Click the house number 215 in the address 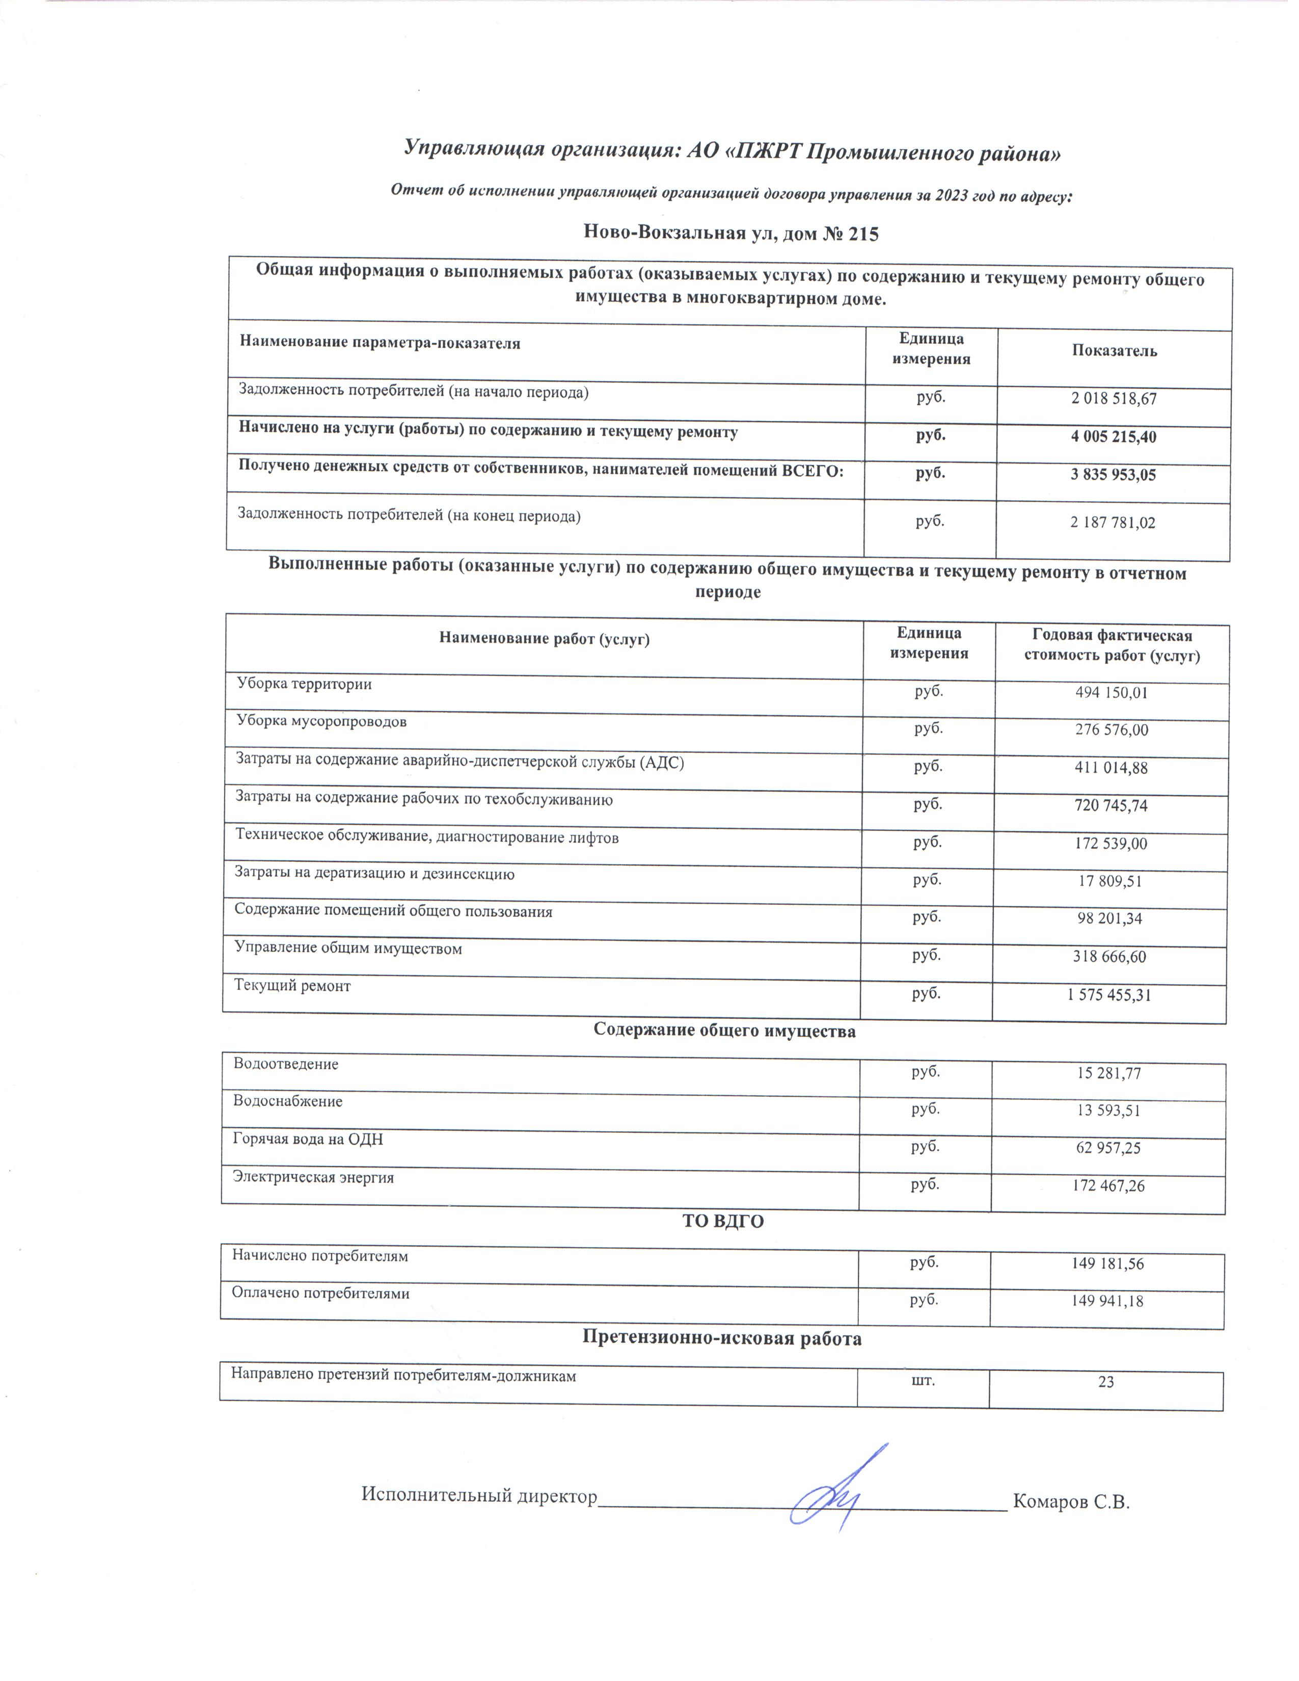click(862, 234)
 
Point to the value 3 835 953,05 click(1113, 475)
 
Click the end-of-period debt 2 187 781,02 click(1113, 523)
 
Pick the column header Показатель click(1114, 351)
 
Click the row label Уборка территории click(304, 684)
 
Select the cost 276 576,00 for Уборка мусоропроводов click(1111, 729)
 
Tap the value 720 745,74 click(1111, 806)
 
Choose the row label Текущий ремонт click(292, 986)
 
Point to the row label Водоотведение click(285, 1065)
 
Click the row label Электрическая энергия click(313, 1178)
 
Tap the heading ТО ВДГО click(723, 1222)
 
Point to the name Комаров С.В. click(1070, 1502)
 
